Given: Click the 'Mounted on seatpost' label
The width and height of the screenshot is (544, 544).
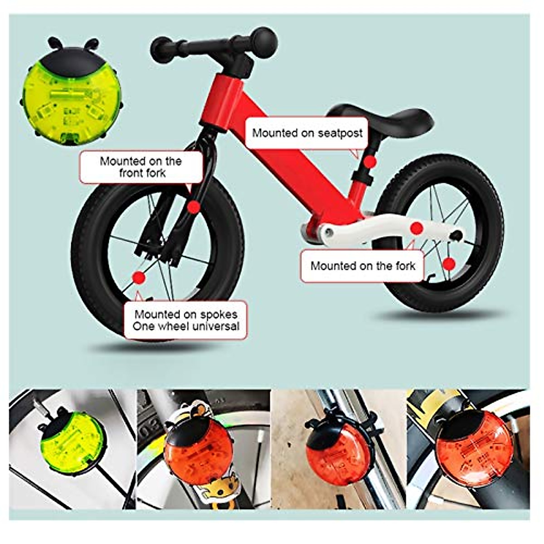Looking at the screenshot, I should click(x=307, y=133).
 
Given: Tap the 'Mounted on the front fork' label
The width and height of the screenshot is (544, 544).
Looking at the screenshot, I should click(x=141, y=167).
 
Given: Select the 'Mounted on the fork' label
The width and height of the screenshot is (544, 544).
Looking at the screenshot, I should click(x=363, y=266).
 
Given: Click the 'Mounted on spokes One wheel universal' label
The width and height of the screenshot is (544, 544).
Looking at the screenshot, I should click(x=186, y=320).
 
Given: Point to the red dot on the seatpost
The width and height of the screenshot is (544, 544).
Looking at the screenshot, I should click(x=371, y=161).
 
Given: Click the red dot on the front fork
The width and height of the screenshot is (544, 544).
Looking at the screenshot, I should click(x=194, y=207).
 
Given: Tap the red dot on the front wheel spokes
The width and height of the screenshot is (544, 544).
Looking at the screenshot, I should click(x=138, y=277).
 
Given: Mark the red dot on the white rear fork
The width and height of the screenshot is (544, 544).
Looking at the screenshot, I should click(x=417, y=228).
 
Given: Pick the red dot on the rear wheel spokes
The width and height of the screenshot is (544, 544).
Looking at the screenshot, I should click(x=449, y=264).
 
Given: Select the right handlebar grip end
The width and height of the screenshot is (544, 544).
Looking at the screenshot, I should click(x=265, y=40).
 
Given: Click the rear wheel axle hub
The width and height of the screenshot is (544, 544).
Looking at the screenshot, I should click(x=457, y=235).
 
